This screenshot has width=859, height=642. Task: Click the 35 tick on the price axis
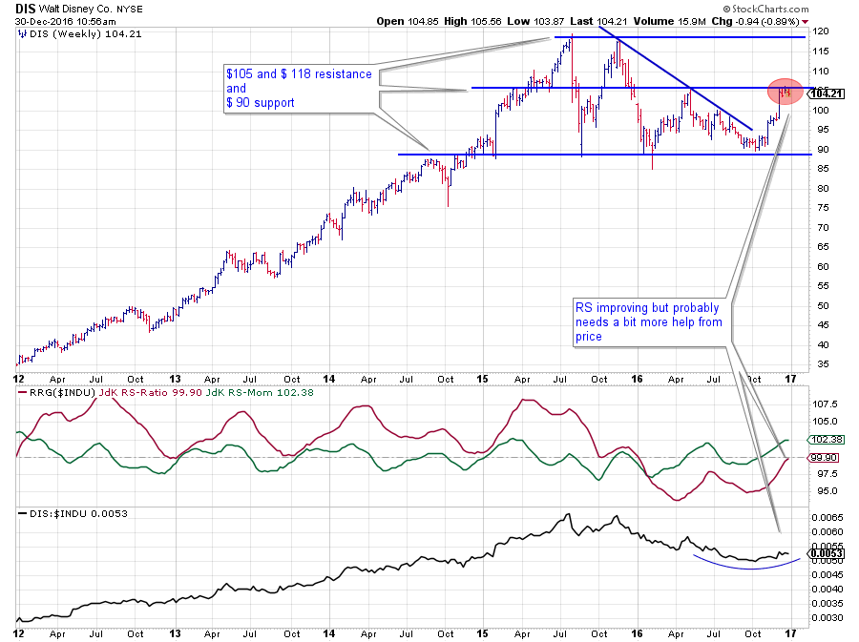pos(819,364)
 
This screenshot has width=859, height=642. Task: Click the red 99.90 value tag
pos(825,458)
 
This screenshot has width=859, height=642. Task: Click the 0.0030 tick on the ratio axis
pos(827,618)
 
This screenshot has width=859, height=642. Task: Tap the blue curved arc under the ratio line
pos(744,569)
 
